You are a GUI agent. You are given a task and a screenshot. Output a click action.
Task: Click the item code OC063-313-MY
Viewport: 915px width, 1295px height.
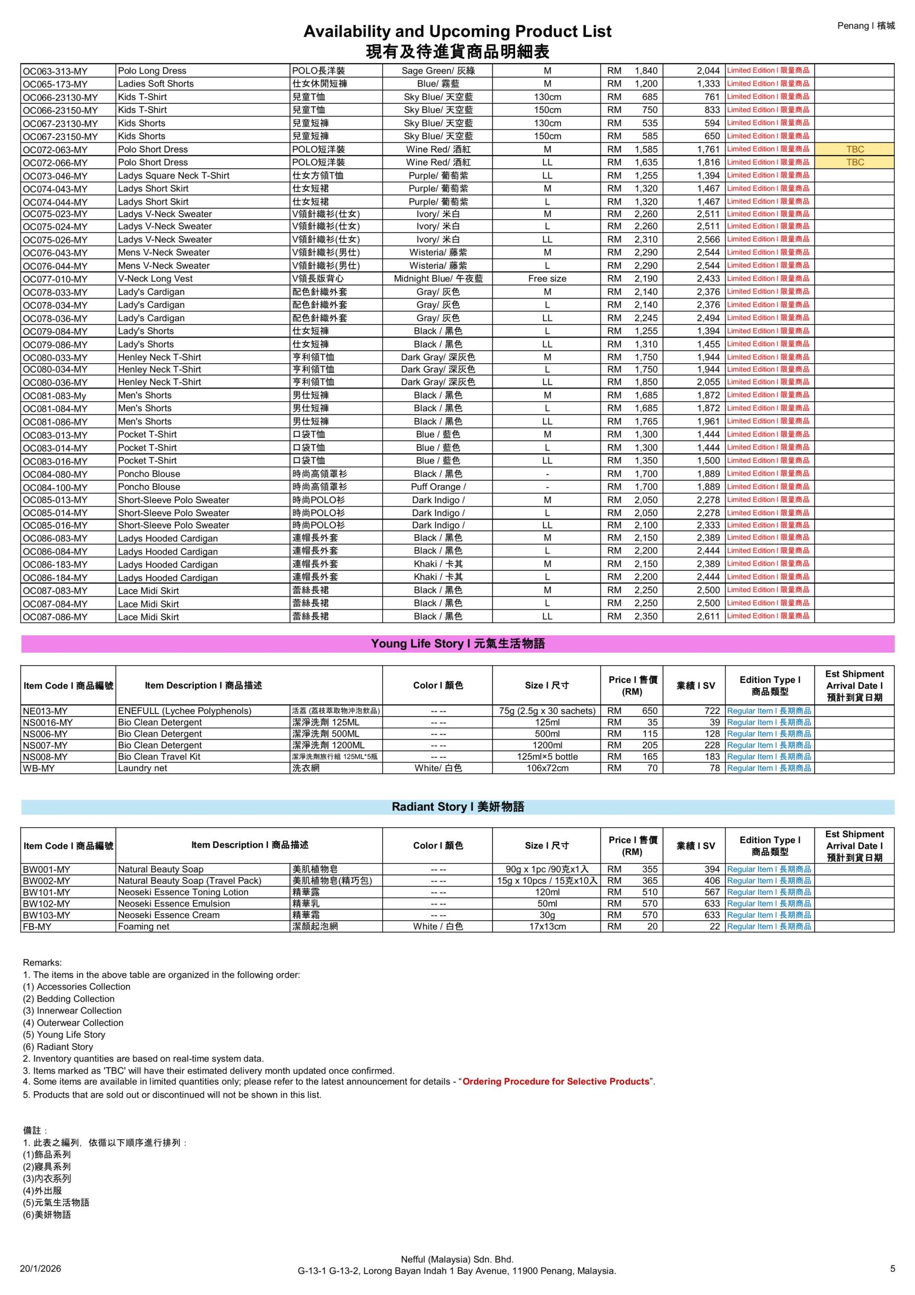point(55,71)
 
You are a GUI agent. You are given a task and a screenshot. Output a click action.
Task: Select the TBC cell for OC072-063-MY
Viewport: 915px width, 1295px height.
point(854,149)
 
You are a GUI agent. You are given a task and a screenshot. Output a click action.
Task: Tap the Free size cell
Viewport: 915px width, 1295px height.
point(547,279)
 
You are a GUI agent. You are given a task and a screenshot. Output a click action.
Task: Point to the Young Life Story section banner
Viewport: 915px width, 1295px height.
point(457,643)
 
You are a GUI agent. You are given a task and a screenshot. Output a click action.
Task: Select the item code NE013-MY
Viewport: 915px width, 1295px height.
point(45,711)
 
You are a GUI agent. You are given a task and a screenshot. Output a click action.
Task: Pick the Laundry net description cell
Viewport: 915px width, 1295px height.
point(143,768)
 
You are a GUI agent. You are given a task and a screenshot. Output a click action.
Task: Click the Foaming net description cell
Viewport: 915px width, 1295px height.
point(144,926)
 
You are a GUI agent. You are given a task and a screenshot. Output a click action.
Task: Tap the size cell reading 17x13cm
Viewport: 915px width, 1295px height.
point(547,926)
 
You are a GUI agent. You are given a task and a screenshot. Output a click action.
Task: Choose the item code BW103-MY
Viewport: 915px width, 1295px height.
point(47,915)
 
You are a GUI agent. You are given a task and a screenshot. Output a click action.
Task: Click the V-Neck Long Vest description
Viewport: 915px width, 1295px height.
point(155,279)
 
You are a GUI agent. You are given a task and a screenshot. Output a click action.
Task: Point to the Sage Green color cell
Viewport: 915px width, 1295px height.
point(437,71)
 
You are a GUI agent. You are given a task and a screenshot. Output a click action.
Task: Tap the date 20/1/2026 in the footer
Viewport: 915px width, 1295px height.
point(40,1269)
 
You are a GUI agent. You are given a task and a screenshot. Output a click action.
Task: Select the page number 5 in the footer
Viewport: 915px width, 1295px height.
point(892,1269)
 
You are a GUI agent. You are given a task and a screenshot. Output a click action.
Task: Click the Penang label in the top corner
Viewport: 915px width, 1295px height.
point(865,26)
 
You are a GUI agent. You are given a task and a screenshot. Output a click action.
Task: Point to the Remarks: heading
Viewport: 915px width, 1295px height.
point(42,963)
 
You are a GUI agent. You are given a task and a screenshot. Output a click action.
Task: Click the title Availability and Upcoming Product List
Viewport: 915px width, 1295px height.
point(457,31)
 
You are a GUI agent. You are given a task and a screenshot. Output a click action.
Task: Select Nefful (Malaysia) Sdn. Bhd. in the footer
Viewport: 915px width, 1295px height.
point(457,1260)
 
